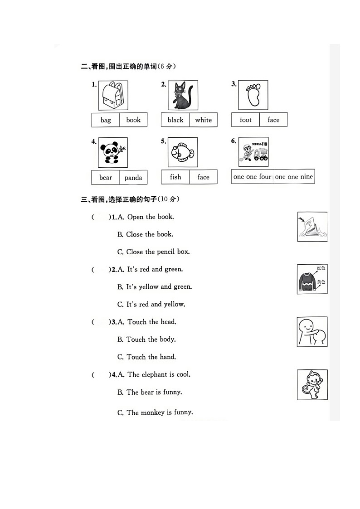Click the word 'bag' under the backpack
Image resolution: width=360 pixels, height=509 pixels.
(x=106, y=120)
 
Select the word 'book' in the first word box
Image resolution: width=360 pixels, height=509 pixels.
(x=133, y=120)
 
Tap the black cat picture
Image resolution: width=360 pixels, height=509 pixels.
(x=182, y=95)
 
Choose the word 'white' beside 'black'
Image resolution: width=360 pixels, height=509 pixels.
(x=204, y=120)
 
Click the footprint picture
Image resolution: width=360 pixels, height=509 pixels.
(x=253, y=95)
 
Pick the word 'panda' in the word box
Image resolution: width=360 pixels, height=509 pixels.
(x=133, y=178)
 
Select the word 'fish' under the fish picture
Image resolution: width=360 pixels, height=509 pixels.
(x=175, y=177)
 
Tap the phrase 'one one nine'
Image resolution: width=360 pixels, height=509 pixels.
(x=294, y=177)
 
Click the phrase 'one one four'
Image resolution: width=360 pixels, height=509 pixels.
(x=252, y=177)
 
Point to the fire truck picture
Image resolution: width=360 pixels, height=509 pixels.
(x=253, y=152)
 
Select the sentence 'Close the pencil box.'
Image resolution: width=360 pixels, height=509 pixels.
(x=158, y=252)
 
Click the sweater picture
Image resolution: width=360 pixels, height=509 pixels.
(x=312, y=279)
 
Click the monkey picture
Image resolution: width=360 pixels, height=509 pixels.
(x=312, y=385)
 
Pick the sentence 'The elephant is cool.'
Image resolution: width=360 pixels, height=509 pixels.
(x=159, y=375)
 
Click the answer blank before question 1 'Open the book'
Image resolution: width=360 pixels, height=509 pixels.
(x=101, y=217)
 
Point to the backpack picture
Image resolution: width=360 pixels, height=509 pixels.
(x=113, y=95)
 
